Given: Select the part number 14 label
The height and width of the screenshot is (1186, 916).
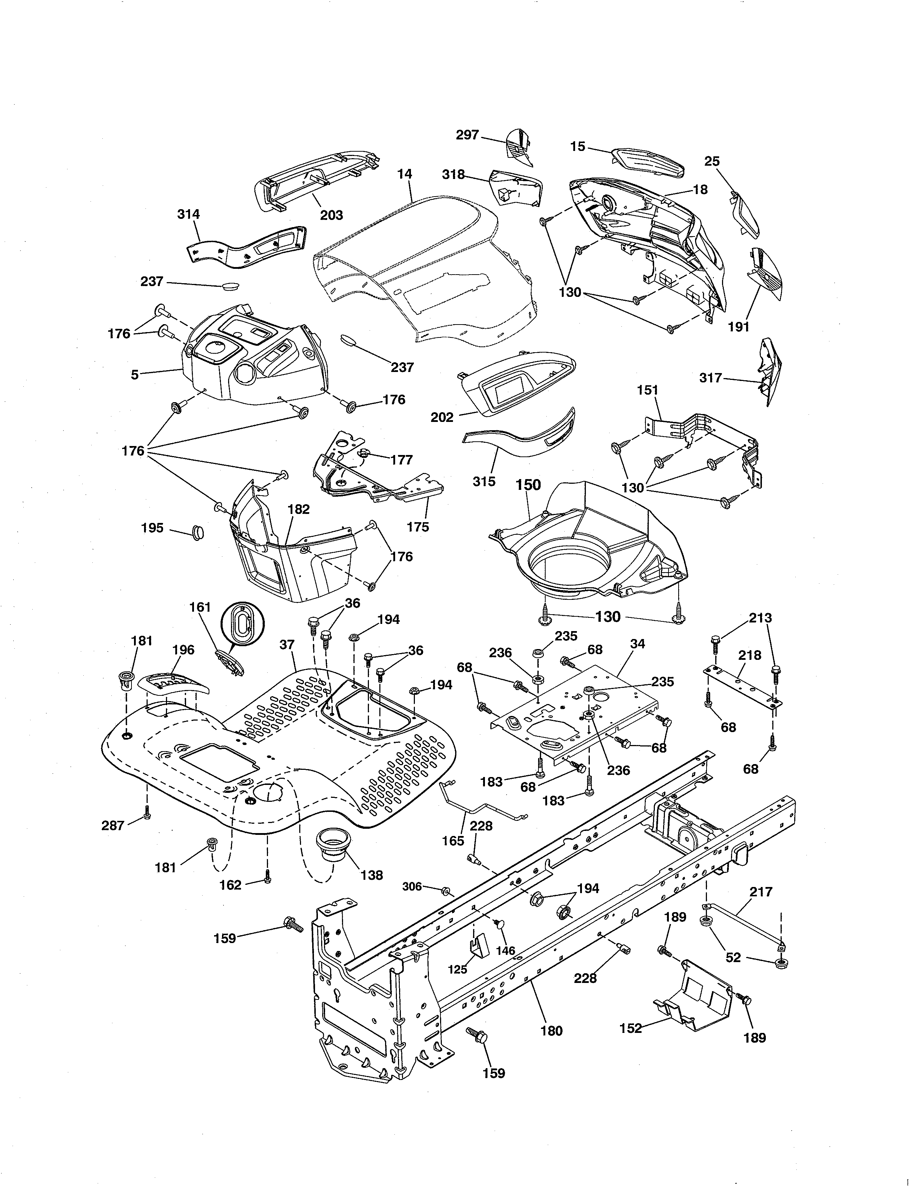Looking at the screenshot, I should tap(404, 174).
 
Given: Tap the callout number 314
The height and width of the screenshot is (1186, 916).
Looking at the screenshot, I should tap(188, 214).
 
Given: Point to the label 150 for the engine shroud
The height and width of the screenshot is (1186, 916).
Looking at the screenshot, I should tap(528, 484).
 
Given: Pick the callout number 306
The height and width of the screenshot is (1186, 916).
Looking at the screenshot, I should tap(412, 886).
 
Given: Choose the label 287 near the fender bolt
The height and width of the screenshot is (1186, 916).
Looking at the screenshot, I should tap(113, 826).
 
